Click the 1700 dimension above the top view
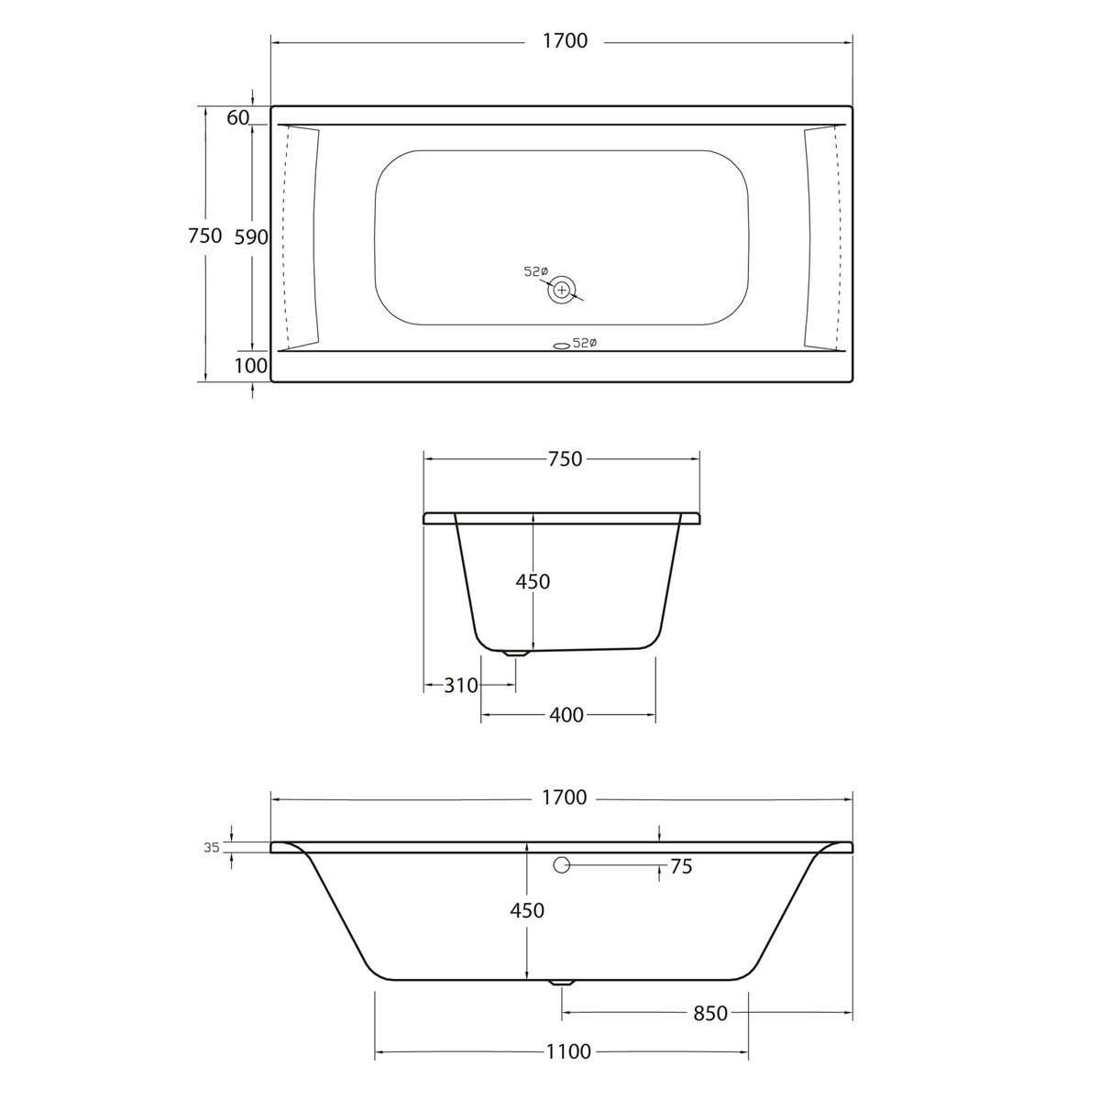(x=564, y=41)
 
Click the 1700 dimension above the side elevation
(x=564, y=797)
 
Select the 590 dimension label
(x=250, y=237)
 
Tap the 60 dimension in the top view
(x=237, y=117)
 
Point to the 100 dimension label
(x=250, y=367)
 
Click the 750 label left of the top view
(x=204, y=236)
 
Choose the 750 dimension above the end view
(x=564, y=459)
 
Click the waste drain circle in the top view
(x=562, y=290)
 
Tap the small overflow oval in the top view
(x=560, y=346)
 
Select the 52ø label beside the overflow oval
(x=585, y=343)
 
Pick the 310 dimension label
(x=461, y=685)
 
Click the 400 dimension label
(x=566, y=715)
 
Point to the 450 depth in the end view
(x=533, y=581)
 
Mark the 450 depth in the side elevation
(x=526, y=910)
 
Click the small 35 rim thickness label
(x=212, y=848)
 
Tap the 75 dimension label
(x=681, y=866)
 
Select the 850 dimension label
(x=710, y=1013)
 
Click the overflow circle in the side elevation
(x=562, y=864)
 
